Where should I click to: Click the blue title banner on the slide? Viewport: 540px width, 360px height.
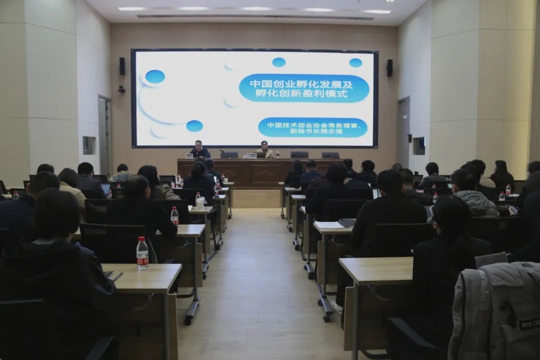pyautogui.click(x=304, y=88)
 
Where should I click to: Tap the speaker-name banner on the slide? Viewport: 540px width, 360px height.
pyautogui.click(x=312, y=127)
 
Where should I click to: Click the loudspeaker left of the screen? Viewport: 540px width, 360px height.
pyautogui.click(x=122, y=66)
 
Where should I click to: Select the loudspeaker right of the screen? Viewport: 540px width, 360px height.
pyautogui.click(x=389, y=68)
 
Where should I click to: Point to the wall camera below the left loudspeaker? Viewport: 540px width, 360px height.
pyautogui.click(x=121, y=89)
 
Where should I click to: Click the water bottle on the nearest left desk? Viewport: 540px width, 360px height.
pyautogui.click(x=142, y=252)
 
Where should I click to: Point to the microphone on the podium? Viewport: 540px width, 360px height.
pyautogui.click(x=222, y=151)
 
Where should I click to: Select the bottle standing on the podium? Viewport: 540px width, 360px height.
pyautogui.click(x=277, y=153)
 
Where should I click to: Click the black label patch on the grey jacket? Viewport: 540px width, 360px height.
pyautogui.click(x=529, y=324)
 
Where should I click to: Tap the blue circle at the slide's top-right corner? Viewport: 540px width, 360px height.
pyautogui.click(x=355, y=62)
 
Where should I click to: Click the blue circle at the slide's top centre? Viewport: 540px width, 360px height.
pyautogui.click(x=278, y=62)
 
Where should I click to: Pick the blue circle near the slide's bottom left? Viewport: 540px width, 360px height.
pyautogui.click(x=194, y=126)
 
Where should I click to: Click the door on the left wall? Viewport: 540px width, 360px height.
pyautogui.click(x=104, y=135)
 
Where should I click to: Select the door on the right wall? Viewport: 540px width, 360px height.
pyautogui.click(x=403, y=132)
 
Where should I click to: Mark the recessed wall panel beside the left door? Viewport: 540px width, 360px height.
pyautogui.click(x=89, y=145)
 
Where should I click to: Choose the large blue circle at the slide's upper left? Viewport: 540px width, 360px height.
pyautogui.click(x=155, y=76)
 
